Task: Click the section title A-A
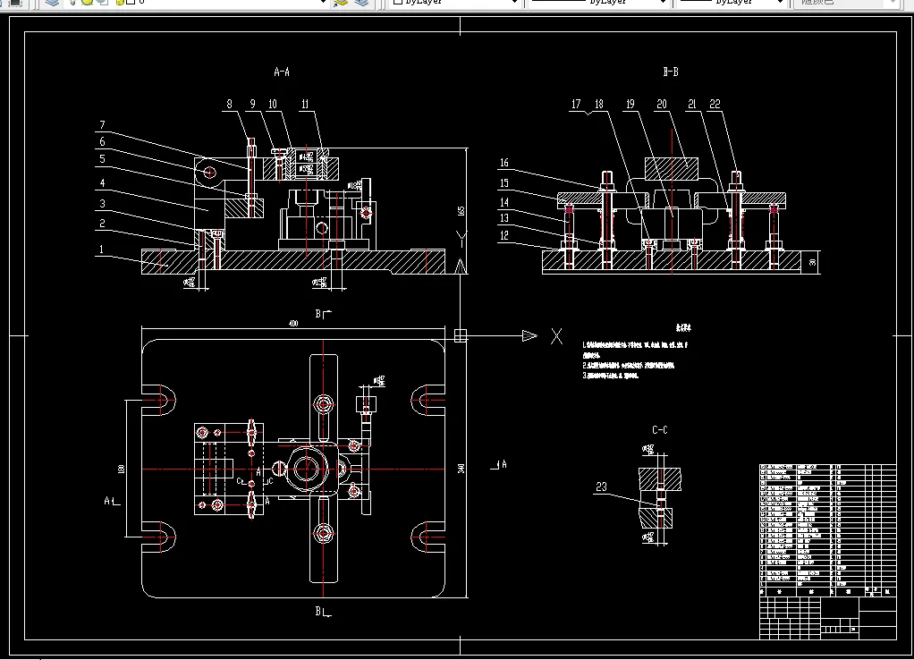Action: pyautogui.click(x=282, y=71)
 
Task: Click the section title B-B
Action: pyautogui.click(x=670, y=71)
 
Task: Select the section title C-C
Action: pyautogui.click(x=660, y=430)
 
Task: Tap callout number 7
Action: pyautogui.click(x=102, y=124)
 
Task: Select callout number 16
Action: pyautogui.click(x=504, y=163)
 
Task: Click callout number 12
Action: pyautogui.click(x=504, y=235)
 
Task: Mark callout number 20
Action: pyautogui.click(x=662, y=105)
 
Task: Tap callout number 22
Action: pyautogui.click(x=715, y=105)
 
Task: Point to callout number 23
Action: pyautogui.click(x=601, y=487)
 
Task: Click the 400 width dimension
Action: pyautogui.click(x=293, y=323)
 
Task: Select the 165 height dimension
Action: pyautogui.click(x=461, y=211)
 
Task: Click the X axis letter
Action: pyautogui.click(x=556, y=336)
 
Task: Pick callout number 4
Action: pyautogui.click(x=102, y=182)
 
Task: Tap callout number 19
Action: pyautogui.click(x=630, y=105)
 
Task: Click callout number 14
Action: pyautogui.click(x=504, y=202)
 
